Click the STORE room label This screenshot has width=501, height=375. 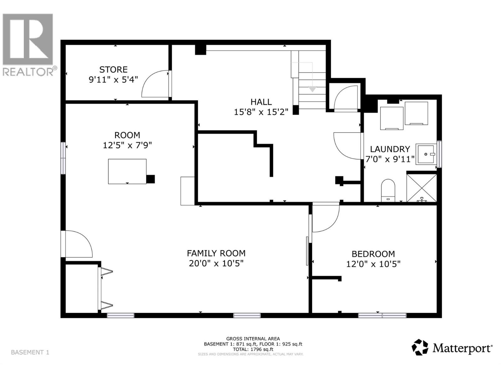click(113, 69)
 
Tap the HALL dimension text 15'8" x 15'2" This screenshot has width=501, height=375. click(261, 112)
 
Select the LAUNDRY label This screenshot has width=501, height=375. click(390, 149)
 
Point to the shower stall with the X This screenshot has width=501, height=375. click(421, 188)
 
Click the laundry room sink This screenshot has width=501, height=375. click(426, 154)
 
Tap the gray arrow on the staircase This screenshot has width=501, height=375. click(312, 89)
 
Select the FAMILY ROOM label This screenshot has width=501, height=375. click(216, 253)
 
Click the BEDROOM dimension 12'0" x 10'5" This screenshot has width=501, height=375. click(373, 264)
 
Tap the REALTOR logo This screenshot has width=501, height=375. click(28, 44)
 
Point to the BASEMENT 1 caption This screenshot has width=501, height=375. click(30, 352)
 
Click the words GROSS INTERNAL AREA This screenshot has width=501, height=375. click(253, 339)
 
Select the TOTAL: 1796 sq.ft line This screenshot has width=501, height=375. click(253, 349)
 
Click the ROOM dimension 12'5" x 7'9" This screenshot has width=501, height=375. click(127, 145)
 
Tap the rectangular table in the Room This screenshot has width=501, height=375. click(127, 171)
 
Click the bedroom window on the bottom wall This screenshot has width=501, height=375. click(382, 315)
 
